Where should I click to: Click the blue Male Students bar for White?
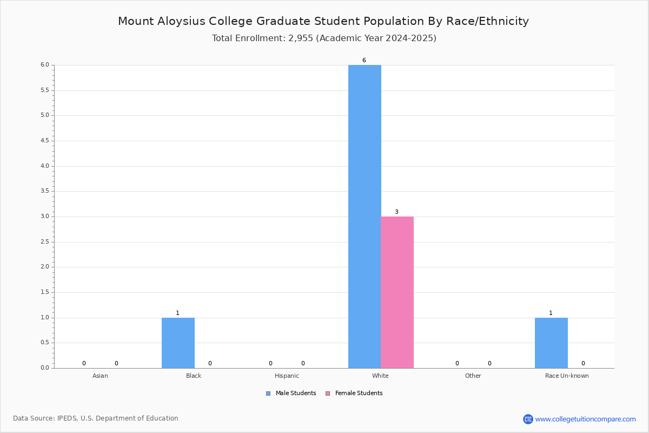(365, 216)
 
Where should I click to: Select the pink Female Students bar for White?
(397, 292)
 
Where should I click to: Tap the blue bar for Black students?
(178, 343)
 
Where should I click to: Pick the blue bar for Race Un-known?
(551, 343)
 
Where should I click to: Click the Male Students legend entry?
(291, 393)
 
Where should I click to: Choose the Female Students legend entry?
(354, 393)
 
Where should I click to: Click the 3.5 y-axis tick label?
(45, 191)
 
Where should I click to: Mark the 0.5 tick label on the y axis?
(45, 343)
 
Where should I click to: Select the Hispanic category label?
(287, 376)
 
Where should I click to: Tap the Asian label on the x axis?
(100, 376)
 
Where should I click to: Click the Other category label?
(473, 376)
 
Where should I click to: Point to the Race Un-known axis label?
(567, 376)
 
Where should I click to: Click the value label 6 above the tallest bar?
(364, 60)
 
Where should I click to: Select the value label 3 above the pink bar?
(396, 212)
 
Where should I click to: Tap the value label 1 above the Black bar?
(177, 313)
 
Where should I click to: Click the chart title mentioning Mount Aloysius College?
(323, 21)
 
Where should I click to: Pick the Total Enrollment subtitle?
(324, 38)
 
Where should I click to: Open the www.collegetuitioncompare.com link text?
(586, 419)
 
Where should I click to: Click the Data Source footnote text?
(96, 418)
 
